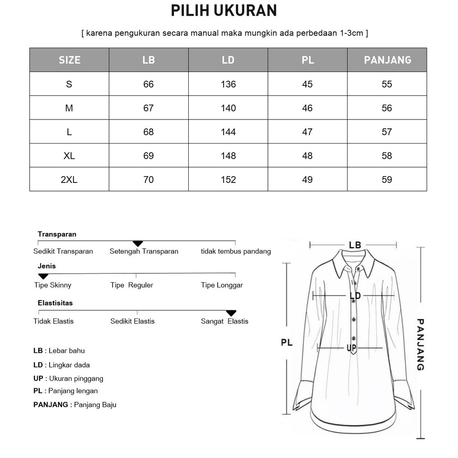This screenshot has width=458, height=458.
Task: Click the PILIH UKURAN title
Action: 224,11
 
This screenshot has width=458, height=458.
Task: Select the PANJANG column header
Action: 387,60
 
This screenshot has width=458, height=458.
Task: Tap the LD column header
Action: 228,60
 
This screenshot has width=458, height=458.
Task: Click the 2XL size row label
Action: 69,179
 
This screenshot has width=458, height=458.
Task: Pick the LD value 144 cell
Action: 228,132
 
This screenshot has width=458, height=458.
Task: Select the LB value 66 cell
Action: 148,84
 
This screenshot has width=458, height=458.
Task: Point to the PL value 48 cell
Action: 307,156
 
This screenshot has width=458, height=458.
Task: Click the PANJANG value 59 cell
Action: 387,179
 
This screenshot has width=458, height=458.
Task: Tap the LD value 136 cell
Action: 228,84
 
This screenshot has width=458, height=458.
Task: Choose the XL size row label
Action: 69,156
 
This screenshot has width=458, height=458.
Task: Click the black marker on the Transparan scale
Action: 138,244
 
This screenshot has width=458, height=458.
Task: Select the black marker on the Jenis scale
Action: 43,276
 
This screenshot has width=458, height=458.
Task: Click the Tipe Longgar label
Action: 222,285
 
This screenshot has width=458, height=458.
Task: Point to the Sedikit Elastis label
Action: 132,321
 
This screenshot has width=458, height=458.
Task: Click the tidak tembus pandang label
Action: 236,251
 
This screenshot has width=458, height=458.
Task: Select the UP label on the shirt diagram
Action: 351,348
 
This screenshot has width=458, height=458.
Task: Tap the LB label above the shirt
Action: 355,245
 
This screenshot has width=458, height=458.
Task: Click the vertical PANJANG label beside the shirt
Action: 420,344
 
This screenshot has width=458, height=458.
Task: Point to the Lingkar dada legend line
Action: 62,365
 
